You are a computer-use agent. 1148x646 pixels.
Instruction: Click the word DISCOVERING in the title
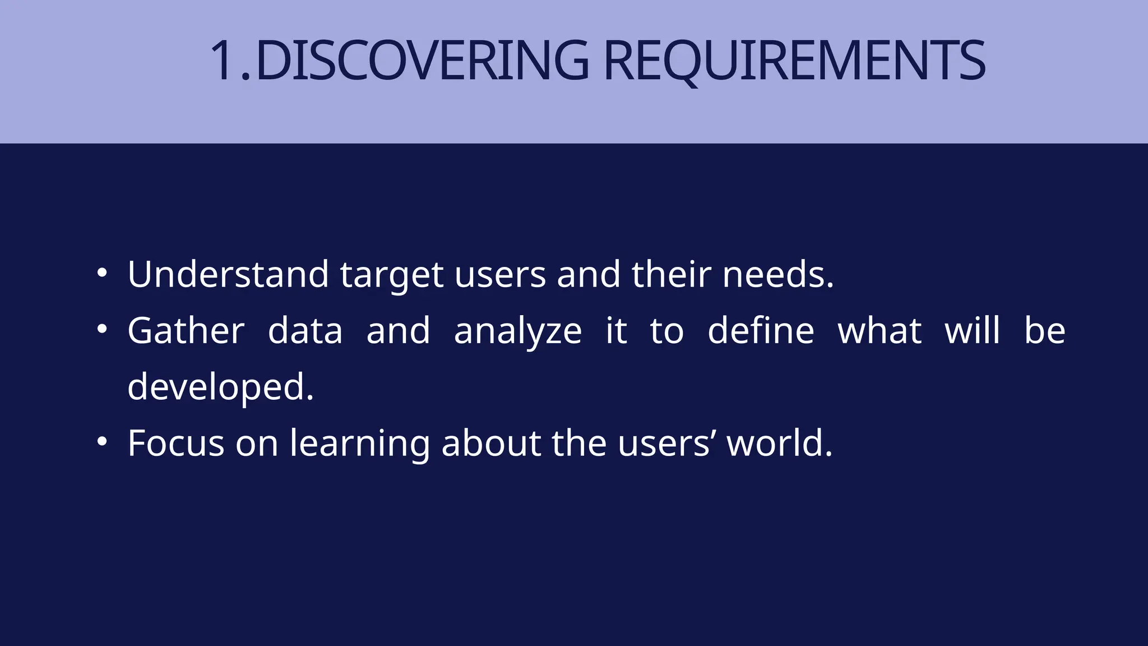point(422,61)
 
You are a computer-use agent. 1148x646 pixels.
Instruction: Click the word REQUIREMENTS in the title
point(794,61)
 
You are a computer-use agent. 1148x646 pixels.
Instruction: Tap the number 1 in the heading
point(223,61)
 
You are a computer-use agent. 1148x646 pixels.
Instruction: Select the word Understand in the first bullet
point(228,274)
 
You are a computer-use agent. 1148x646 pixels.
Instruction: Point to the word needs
point(778,274)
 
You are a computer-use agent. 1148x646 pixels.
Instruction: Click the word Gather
point(186,330)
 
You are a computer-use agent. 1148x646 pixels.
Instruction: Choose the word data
point(305,330)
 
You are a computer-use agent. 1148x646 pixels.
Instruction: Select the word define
point(761,330)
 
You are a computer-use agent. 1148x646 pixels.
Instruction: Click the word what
point(879,330)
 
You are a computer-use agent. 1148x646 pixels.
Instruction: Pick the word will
point(972,330)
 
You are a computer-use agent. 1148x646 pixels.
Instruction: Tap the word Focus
point(175,443)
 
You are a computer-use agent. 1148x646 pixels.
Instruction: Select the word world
point(780,443)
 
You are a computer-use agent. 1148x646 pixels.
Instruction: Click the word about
point(491,443)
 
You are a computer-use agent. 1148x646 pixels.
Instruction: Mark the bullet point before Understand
point(101,273)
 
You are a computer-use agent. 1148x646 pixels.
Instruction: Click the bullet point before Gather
point(101,329)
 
